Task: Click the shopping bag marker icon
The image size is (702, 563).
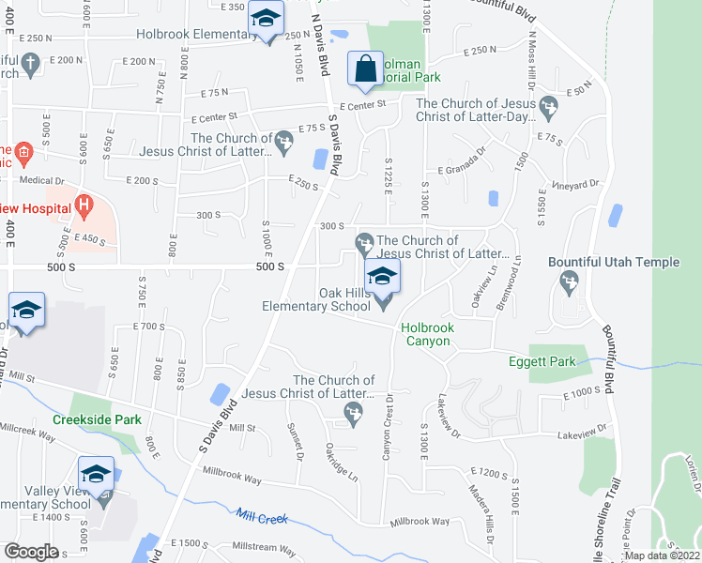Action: click(364, 68)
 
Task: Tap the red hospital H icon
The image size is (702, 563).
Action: click(84, 203)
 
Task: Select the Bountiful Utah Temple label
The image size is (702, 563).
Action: click(628, 262)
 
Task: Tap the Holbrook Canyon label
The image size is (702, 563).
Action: click(427, 334)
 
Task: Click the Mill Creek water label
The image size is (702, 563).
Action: click(261, 516)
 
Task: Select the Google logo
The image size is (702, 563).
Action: click(31, 552)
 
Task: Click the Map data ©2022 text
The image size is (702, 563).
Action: click(663, 555)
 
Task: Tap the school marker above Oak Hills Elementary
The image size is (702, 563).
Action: click(382, 276)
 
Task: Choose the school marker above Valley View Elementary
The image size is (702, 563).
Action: click(96, 473)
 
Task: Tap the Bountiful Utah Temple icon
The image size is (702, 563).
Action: click(569, 281)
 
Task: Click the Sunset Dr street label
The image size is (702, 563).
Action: click(297, 440)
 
